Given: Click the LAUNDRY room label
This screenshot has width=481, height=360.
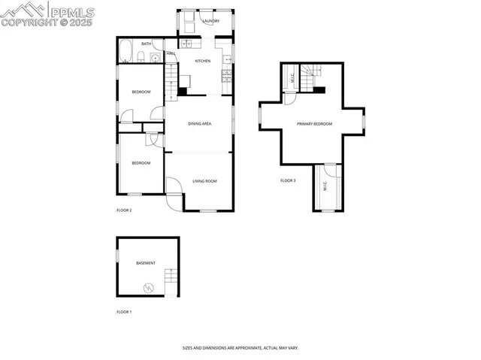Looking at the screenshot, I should pos(210,21).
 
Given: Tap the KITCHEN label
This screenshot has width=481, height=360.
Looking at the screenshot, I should pos(203,61).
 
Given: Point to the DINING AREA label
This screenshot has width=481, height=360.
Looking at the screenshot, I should pos(199,123).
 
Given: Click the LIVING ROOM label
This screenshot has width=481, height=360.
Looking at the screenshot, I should pos(204,181).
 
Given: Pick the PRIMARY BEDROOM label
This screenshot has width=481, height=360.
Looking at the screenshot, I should pos(314,124).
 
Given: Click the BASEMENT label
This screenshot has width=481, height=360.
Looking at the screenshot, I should pos(146,263).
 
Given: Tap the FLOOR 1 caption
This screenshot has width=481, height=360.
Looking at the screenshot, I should pos(124,311).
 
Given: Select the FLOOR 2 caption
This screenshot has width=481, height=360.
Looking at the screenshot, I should pos(124,210).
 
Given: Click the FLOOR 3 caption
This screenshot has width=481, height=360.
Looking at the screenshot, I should pos(288,180).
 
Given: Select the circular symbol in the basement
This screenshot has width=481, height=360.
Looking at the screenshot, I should pos(148,286).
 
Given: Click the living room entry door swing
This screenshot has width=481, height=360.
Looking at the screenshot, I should pos(174,186).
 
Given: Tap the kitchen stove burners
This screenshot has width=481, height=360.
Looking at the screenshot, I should pos(225,74).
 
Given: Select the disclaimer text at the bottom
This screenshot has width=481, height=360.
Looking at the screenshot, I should pos(240,348).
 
